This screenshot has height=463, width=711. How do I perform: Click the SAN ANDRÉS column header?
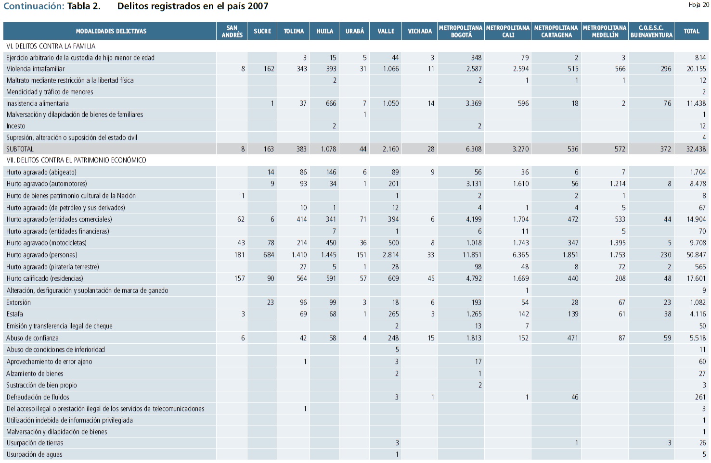pos(232,31)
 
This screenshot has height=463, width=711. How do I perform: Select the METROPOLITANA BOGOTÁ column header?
pos(461,31)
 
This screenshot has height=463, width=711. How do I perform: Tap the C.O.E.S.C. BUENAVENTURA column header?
pos(651,31)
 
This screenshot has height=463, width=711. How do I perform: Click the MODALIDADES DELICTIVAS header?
pos(111,31)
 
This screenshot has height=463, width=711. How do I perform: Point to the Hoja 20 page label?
pos(698,5)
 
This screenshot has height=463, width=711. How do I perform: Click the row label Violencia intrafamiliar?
pos(35,69)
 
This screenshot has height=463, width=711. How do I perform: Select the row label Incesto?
pos(16,126)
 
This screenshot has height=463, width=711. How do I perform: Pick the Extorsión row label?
pos(19,302)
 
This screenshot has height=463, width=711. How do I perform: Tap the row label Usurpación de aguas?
pos(34,454)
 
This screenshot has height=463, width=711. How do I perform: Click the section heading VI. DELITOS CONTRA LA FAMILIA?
pos(51,46)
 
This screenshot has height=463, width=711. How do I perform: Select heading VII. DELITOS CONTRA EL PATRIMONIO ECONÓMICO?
pos(76,160)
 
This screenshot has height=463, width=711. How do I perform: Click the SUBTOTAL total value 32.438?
pos(696,149)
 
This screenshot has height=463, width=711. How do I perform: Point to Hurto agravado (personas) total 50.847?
pos(696,255)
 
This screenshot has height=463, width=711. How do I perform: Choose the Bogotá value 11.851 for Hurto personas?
pos(472,255)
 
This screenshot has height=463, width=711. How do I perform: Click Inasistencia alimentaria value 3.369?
pos(473,103)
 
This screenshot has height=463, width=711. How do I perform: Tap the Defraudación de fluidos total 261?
pos(700,397)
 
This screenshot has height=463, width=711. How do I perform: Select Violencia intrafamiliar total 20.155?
pos(696,69)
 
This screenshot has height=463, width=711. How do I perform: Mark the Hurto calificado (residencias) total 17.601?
pos(696,278)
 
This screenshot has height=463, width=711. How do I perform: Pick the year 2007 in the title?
pos(259,6)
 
